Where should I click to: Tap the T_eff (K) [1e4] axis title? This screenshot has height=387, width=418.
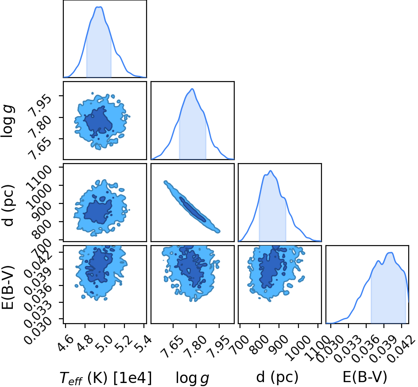[x=106, y=378]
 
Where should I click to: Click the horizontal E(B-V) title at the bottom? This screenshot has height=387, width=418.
[x=364, y=377]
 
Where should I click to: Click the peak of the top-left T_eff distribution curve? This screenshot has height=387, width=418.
[x=99, y=7]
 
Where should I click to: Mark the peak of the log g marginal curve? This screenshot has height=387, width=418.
[x=192, y=89]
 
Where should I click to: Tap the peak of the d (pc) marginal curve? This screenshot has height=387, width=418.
[x=271, y=171]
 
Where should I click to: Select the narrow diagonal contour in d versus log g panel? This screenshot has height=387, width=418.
[x=192, y=206]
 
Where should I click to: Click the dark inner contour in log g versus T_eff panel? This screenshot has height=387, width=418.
[x=97, y=120]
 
